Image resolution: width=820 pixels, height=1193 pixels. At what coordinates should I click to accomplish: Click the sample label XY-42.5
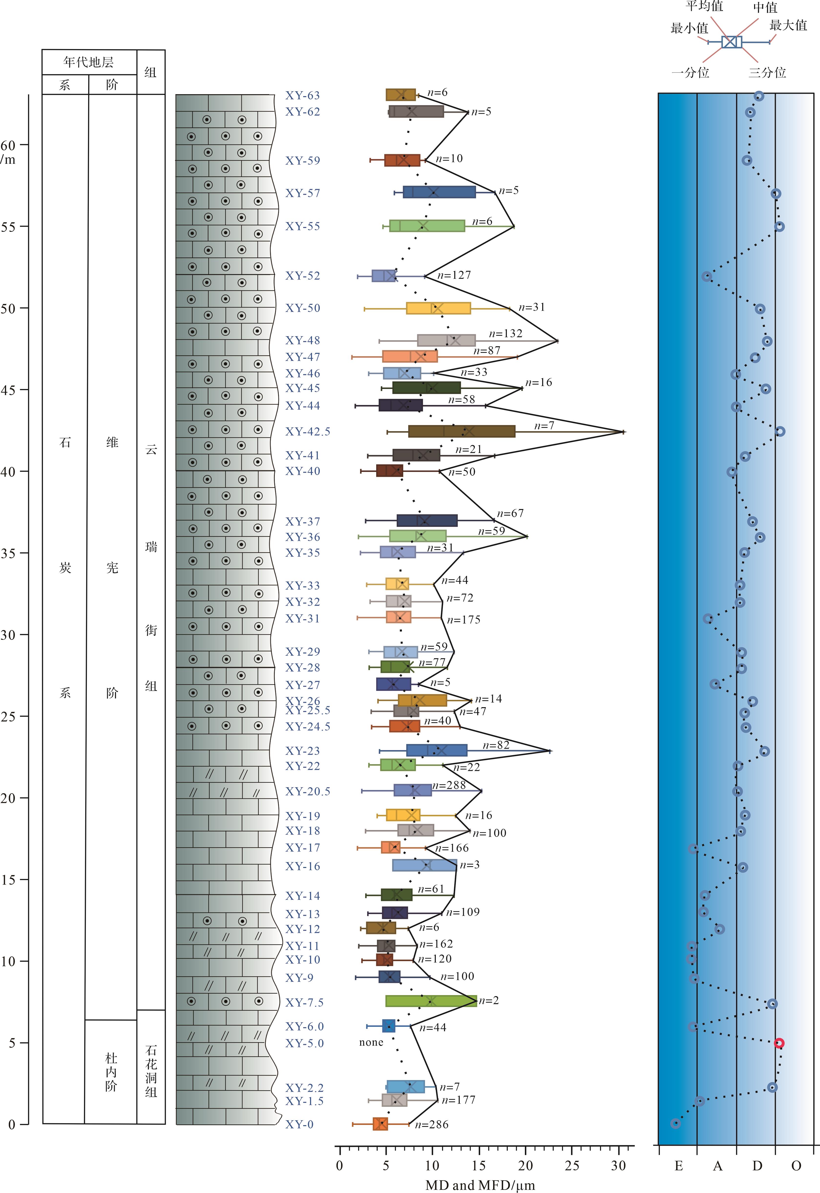pos(307,431)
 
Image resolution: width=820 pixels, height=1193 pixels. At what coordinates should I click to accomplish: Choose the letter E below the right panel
pos(678,1166)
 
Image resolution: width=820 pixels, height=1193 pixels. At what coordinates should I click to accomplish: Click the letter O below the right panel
pos(796,1166)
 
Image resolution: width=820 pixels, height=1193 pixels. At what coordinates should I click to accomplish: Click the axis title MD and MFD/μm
pos(480,1185)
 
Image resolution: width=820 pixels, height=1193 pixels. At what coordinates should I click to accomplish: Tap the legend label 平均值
pos(704,7)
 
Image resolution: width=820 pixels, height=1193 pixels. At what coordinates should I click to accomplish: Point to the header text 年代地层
pos(88,62)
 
